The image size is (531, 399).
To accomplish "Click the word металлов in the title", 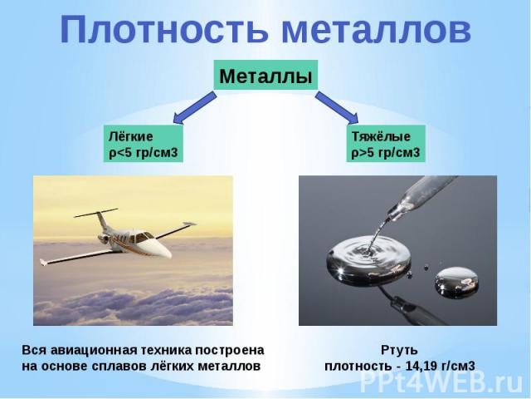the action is click(x=376, y=30).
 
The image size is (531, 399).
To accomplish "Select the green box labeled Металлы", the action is click(x=265, y=75).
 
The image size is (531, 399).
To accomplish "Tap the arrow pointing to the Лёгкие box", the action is click(x=194, y=109).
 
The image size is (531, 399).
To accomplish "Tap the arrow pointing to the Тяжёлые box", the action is click(x=337, y=108).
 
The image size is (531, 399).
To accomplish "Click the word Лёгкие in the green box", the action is click(x=131, y=136).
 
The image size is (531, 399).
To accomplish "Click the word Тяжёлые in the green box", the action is click(x=381, y=136).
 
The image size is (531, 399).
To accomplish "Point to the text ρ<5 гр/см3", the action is click(x=143, y=153).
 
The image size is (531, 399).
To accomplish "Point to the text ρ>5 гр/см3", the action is click(x=385, y=153).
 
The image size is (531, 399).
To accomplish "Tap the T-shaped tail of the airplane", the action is click(x=98, y=217).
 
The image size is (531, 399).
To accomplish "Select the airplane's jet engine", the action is click(x=104, y=239).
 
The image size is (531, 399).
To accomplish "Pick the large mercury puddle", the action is click(x=368, y=259).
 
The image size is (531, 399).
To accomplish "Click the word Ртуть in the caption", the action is click(x=399, y=350).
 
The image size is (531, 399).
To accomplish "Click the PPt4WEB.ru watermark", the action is click(x=441, y=382).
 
